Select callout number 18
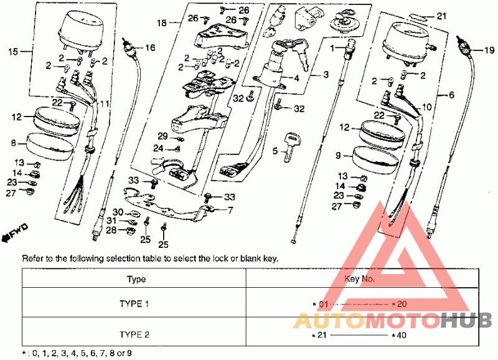tap(162, 23)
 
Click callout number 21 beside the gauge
tap(442, 16)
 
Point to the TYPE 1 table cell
tap(134, 304)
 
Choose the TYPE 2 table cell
tap(134, 334)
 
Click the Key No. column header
tap(360, 278)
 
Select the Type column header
tap(136, 279)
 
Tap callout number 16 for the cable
tap(150, 48)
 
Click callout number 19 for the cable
tap(489, 50)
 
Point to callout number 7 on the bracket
tap(230, 210)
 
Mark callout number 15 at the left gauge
tap(13, 51)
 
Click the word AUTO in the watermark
tap(328, 321)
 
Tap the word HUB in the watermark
tap(466, 320)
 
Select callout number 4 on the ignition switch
tap(296, 78)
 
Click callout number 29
tap(162, 136)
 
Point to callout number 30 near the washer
tap(118, 212)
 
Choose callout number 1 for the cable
tap(332, 49)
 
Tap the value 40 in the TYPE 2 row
tap(402, 335)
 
